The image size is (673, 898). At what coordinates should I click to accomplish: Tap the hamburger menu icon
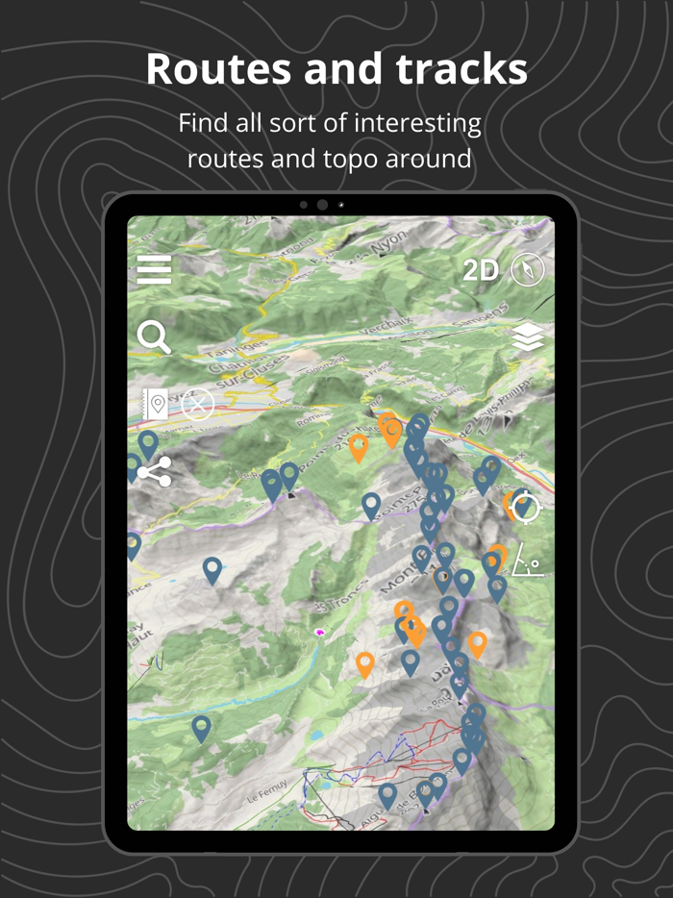tap(154, 270)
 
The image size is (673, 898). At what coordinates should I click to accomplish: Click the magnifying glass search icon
tap(154, 337)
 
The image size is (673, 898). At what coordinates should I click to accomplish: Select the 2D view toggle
tap(481, 271)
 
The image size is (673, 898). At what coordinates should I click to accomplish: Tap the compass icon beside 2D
tap(528, 270)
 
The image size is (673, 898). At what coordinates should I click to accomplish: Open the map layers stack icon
tap(528, 337)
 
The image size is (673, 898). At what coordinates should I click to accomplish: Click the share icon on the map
tap(154, 472)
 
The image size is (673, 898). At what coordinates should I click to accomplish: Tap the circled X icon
tap(197, 405)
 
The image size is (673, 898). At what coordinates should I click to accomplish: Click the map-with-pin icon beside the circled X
tap(155, 405)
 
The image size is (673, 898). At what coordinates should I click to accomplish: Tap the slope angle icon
tap(527, 561)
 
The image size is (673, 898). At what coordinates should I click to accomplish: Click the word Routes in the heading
tap(220, 69)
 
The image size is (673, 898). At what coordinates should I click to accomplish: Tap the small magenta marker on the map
tap(318, 633)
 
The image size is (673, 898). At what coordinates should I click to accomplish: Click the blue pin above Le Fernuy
tap(201, 728)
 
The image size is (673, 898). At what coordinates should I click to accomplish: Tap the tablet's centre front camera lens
tap(322, 205)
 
